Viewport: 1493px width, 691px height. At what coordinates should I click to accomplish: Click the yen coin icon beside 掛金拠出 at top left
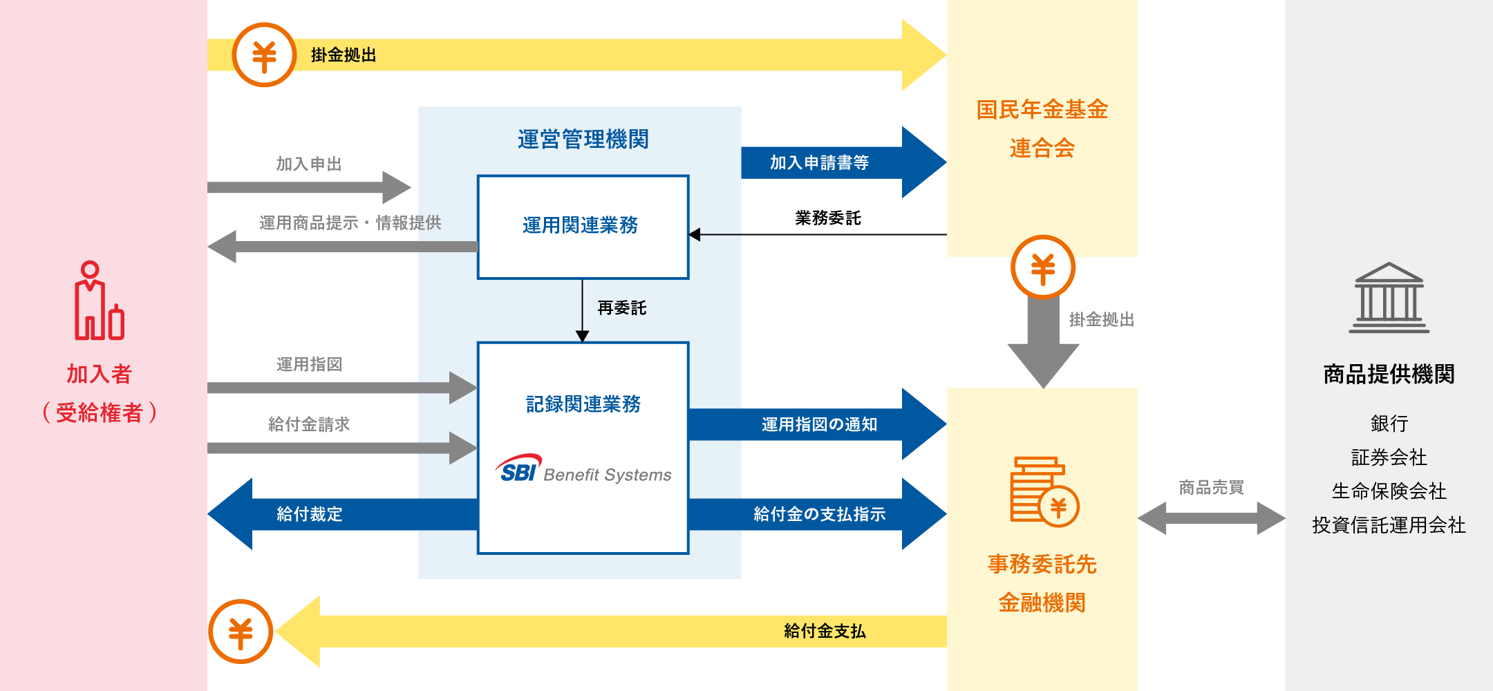264,55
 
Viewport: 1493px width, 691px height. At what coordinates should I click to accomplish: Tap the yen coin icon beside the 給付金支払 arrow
241,632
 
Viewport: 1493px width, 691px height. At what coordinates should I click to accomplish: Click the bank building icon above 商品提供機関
1389,298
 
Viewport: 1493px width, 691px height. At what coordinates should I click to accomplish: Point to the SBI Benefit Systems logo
583,470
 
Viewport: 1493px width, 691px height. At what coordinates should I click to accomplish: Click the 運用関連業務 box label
580,225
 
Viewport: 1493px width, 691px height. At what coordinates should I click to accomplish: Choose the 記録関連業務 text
583,404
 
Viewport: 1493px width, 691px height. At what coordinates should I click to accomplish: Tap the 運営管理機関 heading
583,140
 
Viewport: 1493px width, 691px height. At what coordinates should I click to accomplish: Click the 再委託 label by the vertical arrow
622,308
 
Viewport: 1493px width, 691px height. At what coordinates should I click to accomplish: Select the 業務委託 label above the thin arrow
828,218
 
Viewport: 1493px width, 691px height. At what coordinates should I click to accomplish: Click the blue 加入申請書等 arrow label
819,163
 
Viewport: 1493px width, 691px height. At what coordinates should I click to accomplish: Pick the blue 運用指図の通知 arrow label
819,424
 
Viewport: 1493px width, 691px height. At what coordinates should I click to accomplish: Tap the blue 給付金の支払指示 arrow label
819,514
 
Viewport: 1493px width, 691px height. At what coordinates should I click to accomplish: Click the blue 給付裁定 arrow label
309,514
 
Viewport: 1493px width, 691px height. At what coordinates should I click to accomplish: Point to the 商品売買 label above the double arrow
1211,488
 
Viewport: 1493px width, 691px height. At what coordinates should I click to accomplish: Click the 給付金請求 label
309,424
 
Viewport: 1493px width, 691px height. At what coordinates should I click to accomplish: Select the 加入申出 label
309,164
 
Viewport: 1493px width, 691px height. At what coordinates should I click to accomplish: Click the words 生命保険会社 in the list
1389,491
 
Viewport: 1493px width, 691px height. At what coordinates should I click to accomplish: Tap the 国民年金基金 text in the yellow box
1042,110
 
